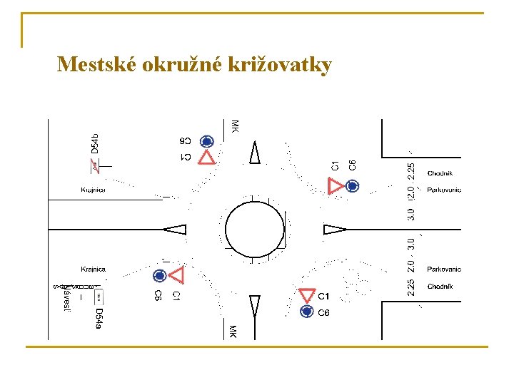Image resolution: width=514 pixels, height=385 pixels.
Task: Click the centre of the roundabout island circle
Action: pyautogui.click(x=254, y=230)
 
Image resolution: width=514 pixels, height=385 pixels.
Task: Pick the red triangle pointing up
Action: pyautogui.click(x=206, y=157)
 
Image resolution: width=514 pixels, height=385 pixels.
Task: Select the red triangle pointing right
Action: pyautogui.click(x=335, y=186)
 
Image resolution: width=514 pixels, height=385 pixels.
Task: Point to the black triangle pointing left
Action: pyautogui.click(x=175, y=230)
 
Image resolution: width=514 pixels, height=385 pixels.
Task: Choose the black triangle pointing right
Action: pyautogui.click(x=334, y=230)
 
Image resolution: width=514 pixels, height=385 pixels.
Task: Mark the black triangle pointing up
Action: pyautogui.click(x=255, y=153)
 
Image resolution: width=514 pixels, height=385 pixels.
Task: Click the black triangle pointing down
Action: pyautogui.click(x=255, y=307)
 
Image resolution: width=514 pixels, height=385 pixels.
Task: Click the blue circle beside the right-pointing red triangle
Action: pyautogui.click(x=352, y=186)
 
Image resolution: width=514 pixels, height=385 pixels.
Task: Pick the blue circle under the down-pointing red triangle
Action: pyautogui.click(x=307, y=312)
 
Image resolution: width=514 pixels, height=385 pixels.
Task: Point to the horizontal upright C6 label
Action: pyautogui.click(x=323, y=313)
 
